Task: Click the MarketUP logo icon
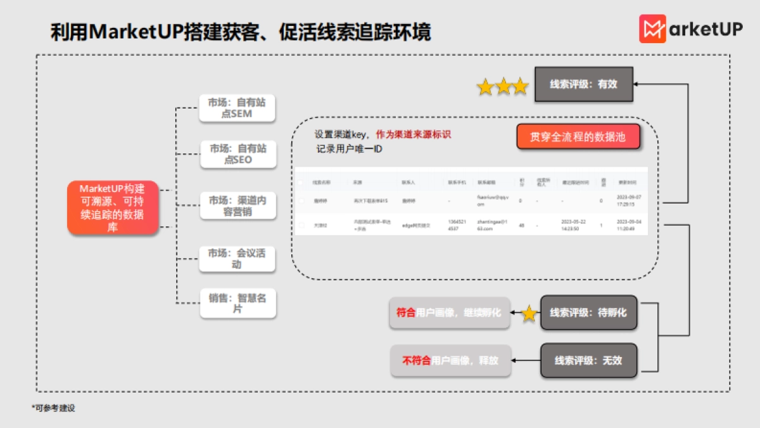pyautogui.click(x=652, y=29)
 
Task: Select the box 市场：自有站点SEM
pyautogui.click(x=237, y=108)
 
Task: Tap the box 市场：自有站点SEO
pyautogui.click(x=238, y=154)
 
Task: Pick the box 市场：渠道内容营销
pyautogui.click(x=237, y=205)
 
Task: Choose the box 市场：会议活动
pyautogui.click(x=237, y=259)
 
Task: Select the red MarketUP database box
pyautogui.click(x=112, y=208)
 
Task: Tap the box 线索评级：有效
pyautogui.click(x=583, y=84)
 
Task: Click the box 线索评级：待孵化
pyautogui.click(x=588, y=313)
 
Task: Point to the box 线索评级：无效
pyautogui.click(x=588, y=360)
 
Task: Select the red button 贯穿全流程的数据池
pyautogui.click(x=578, y=136)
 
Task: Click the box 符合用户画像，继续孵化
pyautogui.click(x=449, y=313)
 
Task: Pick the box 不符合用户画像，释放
pyautogui.click(x=450, y=360)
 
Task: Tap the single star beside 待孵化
pyautogui.click(x=528, y=313)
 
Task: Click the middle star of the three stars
pyautogui.click(x=503, y=87)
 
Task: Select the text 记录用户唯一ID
pyautogui.click(x=349, y=150)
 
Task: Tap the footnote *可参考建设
pyautogui.click(x=53, y=408)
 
